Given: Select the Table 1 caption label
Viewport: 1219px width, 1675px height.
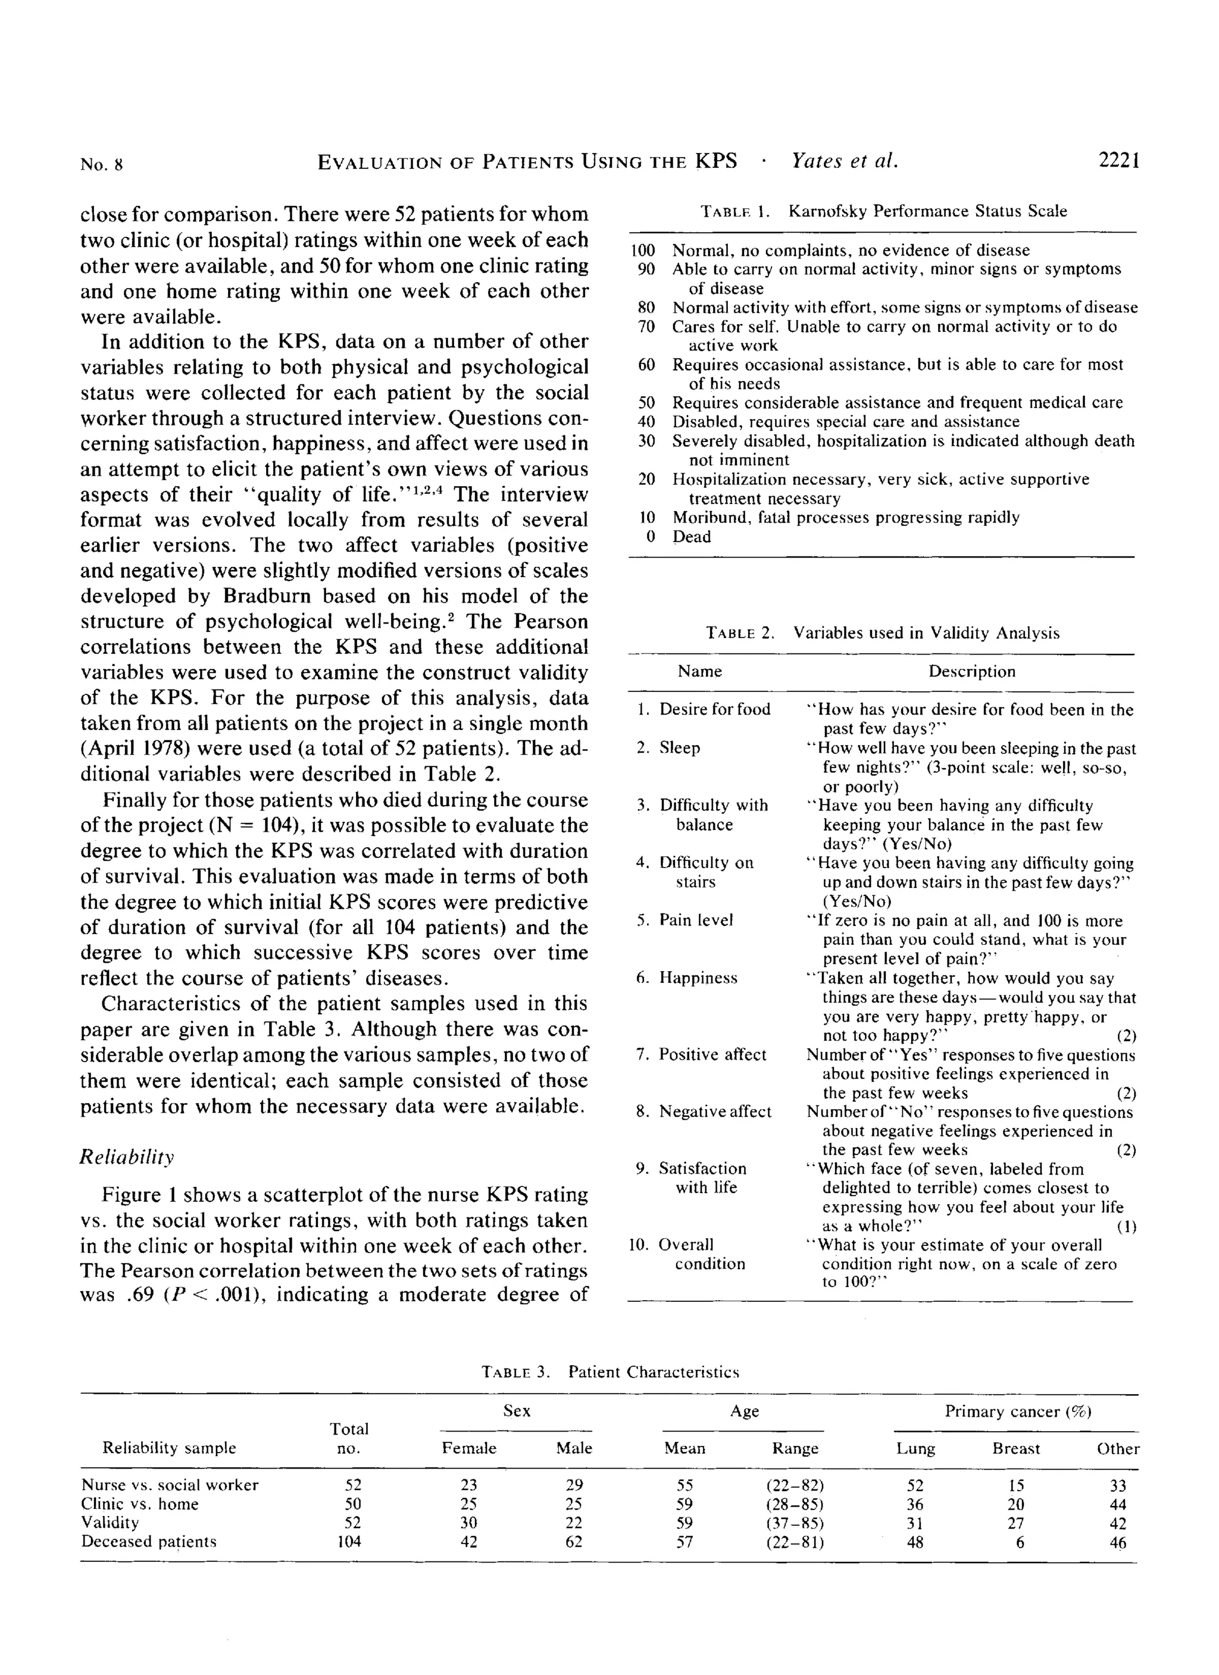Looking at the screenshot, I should click(x=734, y=212).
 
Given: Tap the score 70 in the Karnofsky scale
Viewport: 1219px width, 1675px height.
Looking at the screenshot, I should click(x=646, y=327).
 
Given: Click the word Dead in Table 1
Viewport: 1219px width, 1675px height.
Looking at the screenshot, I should click(x=692, y=536).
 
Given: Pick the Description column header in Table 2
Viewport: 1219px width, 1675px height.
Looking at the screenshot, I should click(x=971, y=671).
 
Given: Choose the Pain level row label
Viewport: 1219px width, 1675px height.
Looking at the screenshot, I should click(x=696, y=921).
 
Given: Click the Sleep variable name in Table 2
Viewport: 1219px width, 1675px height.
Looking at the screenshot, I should click(x=679, y=748).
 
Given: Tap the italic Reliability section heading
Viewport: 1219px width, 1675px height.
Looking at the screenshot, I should click(x=126, y=1157).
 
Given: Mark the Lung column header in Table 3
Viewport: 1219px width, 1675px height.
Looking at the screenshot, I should click(x=915, y=1448).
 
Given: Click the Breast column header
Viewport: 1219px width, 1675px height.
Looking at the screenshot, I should click(x=1016, y=1448).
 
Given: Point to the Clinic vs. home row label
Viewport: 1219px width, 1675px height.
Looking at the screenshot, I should click(x=140, y=1504).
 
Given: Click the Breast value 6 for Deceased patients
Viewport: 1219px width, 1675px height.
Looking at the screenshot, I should click(x=1020, y=1542).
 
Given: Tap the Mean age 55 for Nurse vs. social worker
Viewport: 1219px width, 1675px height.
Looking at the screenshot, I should click(x=685, y=1485).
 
